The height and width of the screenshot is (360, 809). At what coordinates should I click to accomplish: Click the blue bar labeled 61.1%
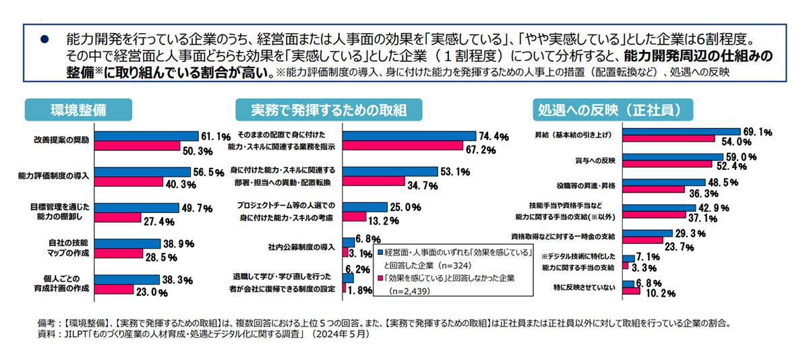(146, 136)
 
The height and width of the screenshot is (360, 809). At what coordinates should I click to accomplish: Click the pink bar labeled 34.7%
(374, 181)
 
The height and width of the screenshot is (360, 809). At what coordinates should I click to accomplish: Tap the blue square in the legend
(381, 252)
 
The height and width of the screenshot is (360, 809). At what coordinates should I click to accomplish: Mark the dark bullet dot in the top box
(45, 40)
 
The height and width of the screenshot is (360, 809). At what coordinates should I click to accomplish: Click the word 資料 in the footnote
(49, 334)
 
